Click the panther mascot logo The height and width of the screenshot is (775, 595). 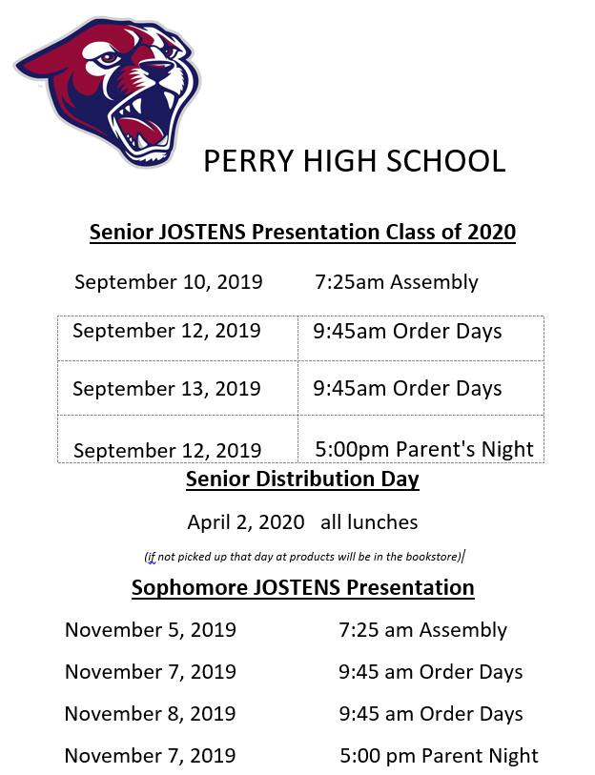click(x=108, y=92)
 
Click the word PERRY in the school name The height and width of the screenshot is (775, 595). click(x=249, y=161)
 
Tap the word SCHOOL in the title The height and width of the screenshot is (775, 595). click(x=445, y=161)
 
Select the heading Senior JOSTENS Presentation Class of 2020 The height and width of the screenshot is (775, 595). click(x=302, y=232)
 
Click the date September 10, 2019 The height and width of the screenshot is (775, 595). click(x=169, y=282)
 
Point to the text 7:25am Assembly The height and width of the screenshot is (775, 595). click(x=397, y=282)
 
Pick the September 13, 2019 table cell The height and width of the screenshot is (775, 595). click(x=177, y=388)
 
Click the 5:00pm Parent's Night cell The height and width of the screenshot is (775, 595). click(x=421, y=438)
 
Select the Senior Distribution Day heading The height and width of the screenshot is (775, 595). click(x=302, y=479)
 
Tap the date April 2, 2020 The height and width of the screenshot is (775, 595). click(x=246, y=522)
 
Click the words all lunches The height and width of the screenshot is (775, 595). click(x=369, y=522)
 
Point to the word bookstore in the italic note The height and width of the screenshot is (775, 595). click(x=431, y=557)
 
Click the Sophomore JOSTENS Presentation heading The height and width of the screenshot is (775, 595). click(x=303, y=587)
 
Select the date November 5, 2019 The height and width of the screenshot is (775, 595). click(x=151, y=630)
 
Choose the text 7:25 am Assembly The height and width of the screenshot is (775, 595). click(x=423, y=630)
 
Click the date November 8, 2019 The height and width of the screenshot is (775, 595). click(x=151, y=714)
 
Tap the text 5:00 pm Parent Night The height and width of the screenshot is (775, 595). click(x=440, y=756)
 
